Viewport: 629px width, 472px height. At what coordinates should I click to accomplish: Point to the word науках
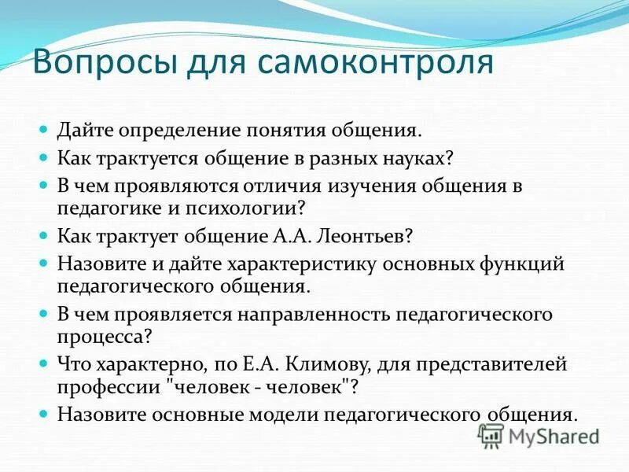click(418, 157)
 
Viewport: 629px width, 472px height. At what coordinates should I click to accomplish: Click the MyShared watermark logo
click(539, 435)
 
